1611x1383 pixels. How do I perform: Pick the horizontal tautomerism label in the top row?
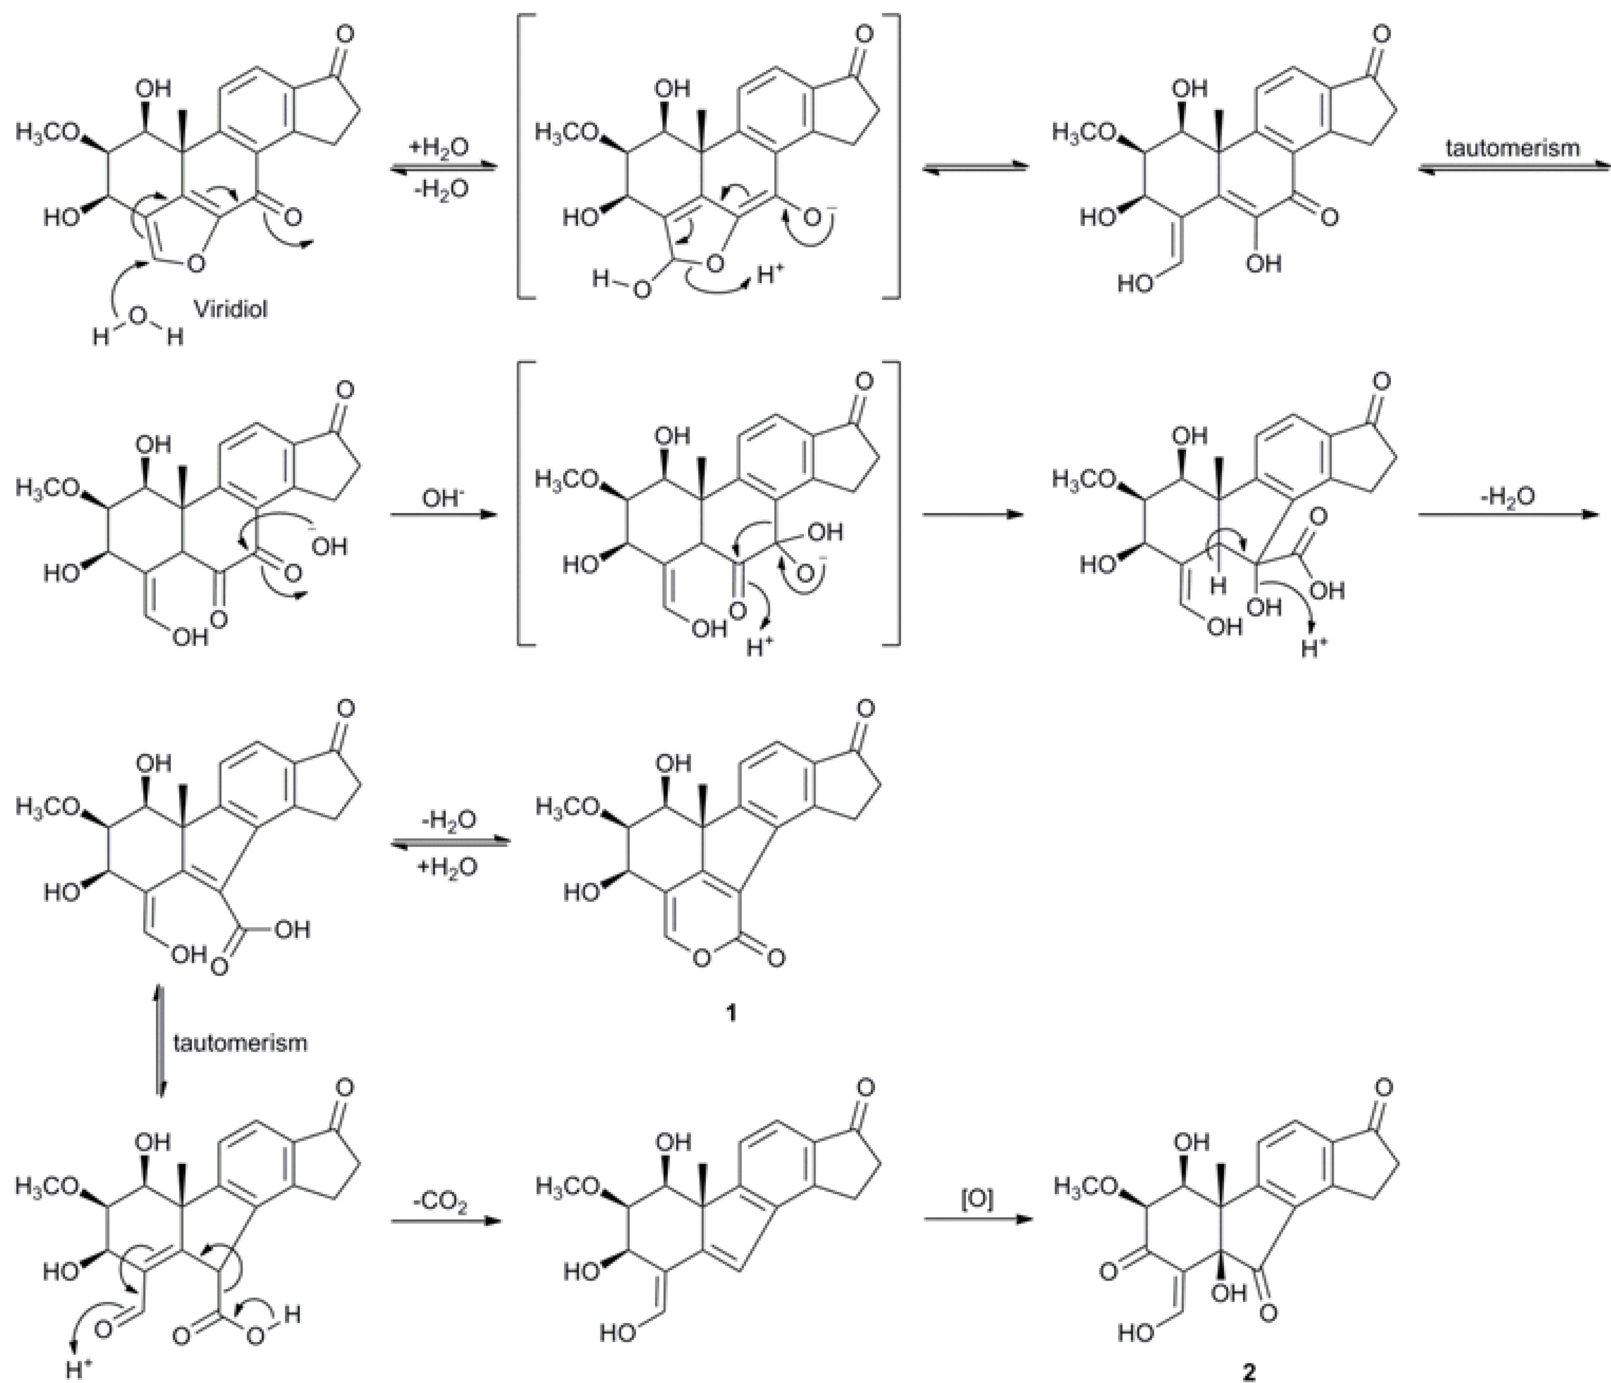coord(1512,148)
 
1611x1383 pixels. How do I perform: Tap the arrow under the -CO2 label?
coord(443,1221)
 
